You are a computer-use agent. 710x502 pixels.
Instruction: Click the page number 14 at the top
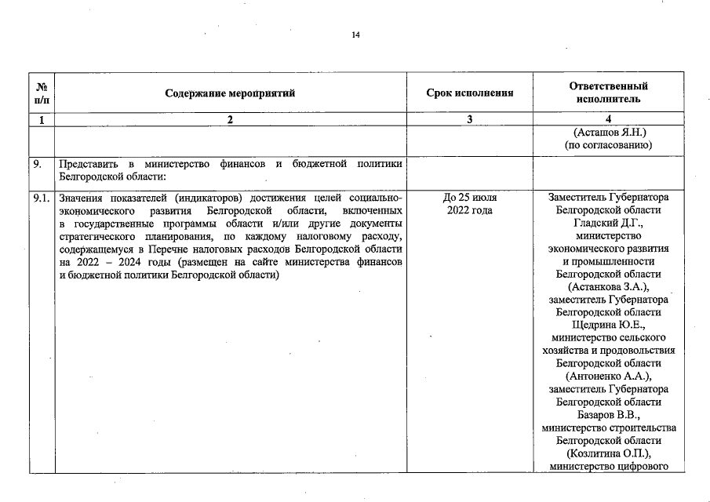(x=355, y=35)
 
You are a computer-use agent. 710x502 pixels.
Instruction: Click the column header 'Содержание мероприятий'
(x=230, y=93)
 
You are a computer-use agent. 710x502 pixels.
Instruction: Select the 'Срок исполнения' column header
(x=469, y=93)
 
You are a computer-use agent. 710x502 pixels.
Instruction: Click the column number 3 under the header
(x=469, y=120)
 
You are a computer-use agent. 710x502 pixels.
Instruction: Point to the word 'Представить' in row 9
(x=87, y=164)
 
